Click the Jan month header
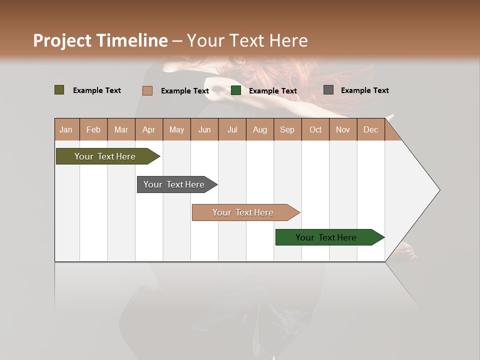66,129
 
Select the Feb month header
93,129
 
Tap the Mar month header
121,129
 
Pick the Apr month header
149,129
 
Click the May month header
176,129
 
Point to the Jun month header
204,129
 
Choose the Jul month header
232,129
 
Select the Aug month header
260,129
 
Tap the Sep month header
287,129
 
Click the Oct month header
315,129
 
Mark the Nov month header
343,129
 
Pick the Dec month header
370,129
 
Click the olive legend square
59,90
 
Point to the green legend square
236,90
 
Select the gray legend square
328,90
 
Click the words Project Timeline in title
100,40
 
